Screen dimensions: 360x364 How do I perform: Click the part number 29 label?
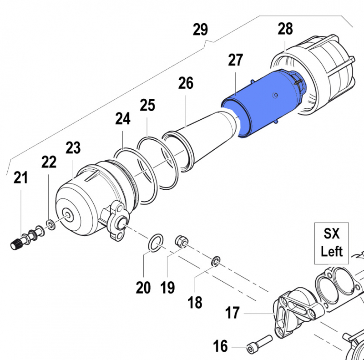[200, 30]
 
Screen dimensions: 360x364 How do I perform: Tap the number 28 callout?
[285, 29]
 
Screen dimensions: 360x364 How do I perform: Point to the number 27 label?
[236, 60]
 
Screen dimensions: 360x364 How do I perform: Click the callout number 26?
[186, 83]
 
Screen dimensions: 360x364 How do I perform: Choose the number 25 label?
[147, 106]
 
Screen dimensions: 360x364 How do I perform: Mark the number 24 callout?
[123, 119]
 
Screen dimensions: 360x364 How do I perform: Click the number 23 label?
[73, 148]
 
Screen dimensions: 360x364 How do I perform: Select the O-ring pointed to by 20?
[156, 242]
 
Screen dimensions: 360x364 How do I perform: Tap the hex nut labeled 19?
[181, 240]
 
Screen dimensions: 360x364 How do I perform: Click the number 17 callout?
[233, 313]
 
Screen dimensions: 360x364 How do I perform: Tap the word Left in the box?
[332, 251]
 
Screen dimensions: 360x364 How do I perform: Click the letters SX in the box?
[332, 234]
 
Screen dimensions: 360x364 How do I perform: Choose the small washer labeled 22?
[51, 224]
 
